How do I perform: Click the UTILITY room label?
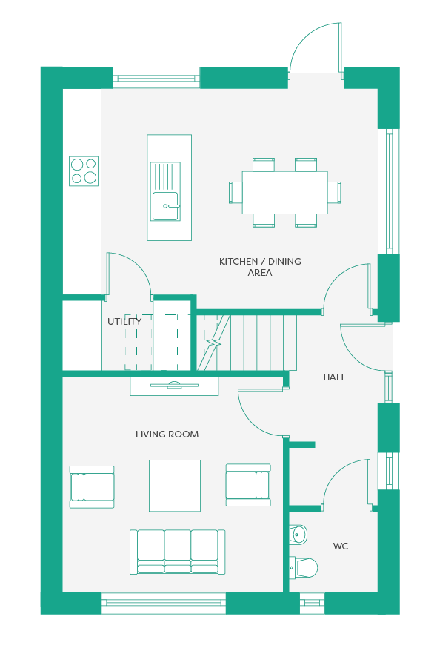124,322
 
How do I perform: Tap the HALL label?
335,377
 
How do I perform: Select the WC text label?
341,546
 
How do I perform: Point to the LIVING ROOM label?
167,435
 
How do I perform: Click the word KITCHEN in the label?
238,262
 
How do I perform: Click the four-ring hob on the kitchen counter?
84,171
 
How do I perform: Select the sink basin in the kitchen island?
165,206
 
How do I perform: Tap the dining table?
285,192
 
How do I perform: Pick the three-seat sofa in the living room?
178,552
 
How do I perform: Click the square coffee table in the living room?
175,486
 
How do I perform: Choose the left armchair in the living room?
92,486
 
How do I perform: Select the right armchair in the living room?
248,485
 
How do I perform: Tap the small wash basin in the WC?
298,534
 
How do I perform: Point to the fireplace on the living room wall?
174,386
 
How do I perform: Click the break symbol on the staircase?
215,343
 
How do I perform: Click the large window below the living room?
163,603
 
